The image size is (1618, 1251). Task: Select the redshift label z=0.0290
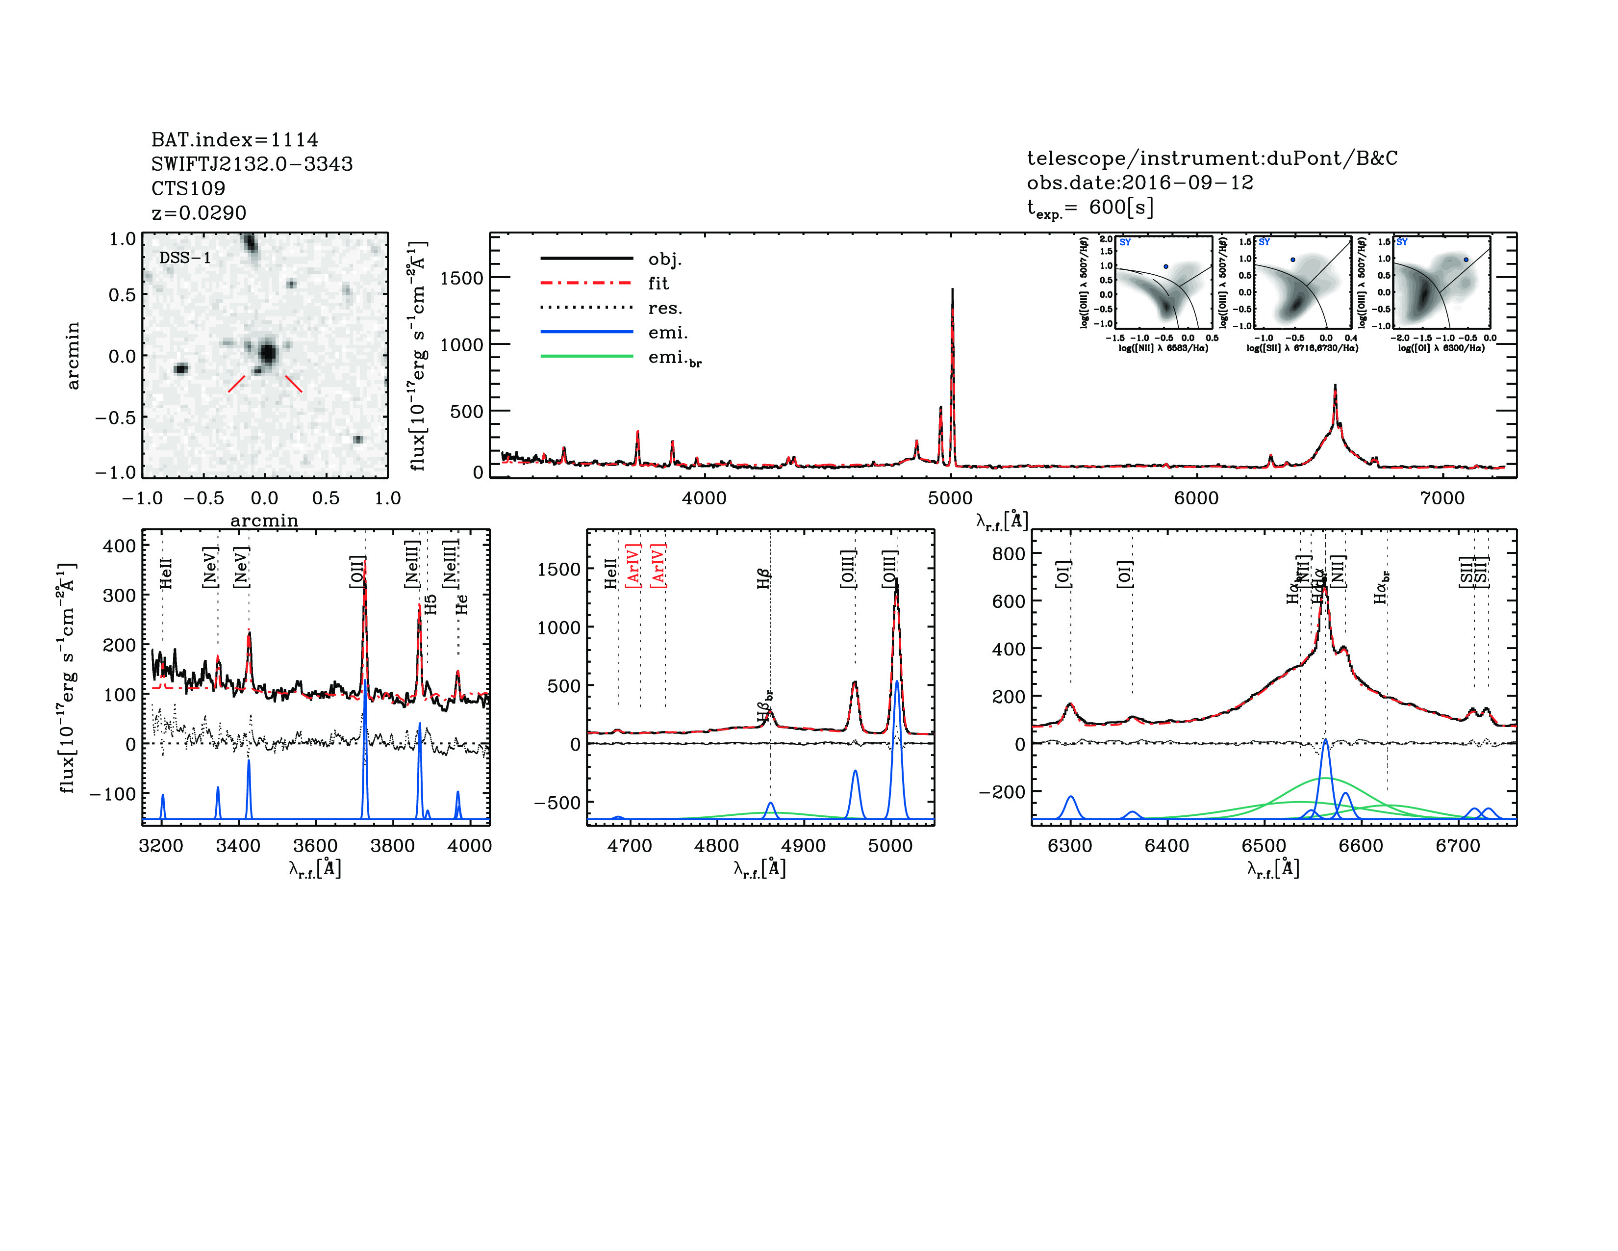point(199,213)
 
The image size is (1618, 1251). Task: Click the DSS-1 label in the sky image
point(185,258)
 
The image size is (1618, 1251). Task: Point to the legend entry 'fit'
point(658,283)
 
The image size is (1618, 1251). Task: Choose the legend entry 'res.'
point(664,308)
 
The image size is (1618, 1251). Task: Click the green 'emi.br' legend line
point(587,357)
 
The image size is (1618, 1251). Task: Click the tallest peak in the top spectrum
point(952,290)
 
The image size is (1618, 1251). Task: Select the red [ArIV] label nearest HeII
point(633,566)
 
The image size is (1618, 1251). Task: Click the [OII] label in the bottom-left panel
point(357,572)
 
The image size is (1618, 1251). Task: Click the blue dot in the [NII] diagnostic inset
point(1165,266)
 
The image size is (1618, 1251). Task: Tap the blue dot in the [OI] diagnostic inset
point(1466,260)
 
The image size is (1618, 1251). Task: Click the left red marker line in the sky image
point(236,383)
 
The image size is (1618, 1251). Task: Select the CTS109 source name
point(188,188)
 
